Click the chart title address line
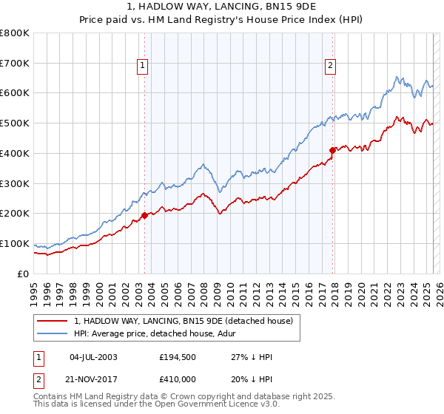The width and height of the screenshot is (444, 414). [221, 7]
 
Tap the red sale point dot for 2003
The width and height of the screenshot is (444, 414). [144, 215]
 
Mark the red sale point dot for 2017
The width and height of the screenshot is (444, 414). [332, 150]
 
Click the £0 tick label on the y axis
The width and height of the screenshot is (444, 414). [23, 274]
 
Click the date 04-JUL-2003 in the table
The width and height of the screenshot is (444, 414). [93, 357]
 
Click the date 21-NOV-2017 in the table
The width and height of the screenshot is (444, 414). [94, 379]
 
